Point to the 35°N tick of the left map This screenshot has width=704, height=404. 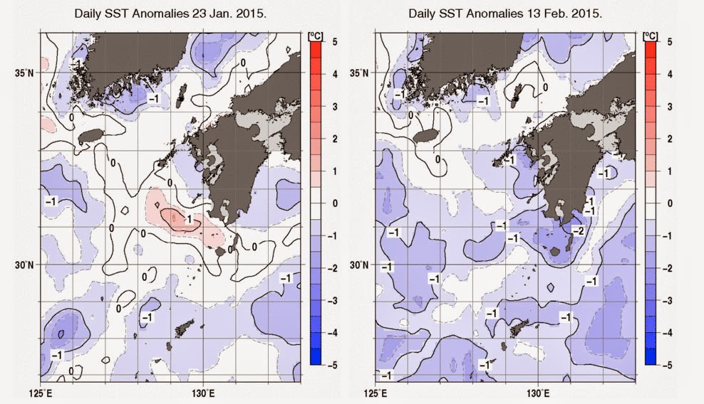(x=28, y=73)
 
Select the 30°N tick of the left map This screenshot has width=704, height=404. (x=28, y=265)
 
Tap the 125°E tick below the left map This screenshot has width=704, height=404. (x=40, y=393)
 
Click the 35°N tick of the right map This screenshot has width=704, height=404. (x=361, y=73)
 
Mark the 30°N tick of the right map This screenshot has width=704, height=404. (x=361, y=265)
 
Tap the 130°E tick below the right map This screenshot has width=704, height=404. (x=537, y=393)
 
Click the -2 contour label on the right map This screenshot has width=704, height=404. (x=579, y=230)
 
